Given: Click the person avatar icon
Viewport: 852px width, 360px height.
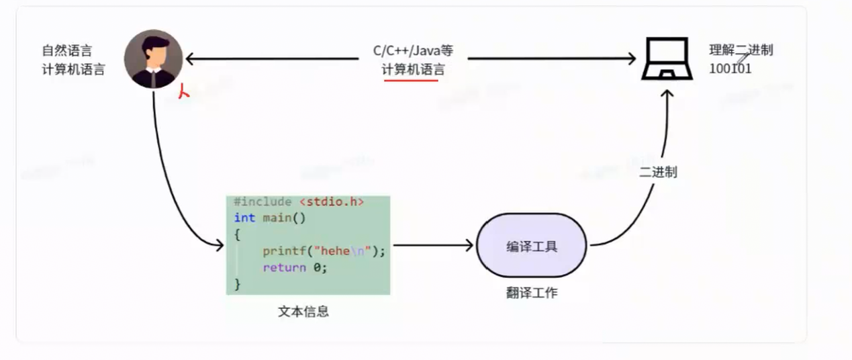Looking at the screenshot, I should point(154,59).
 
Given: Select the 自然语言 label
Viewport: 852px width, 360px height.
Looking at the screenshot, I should point(66,50).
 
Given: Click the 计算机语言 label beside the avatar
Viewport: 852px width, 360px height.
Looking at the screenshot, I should point(73,70).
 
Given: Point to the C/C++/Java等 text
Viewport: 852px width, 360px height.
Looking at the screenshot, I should point(413,50).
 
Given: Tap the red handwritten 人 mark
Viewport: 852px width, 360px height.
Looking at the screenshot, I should point(183,91).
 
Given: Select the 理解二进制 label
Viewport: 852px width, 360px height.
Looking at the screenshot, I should point(741,50).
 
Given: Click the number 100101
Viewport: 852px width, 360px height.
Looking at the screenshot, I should point(730,69).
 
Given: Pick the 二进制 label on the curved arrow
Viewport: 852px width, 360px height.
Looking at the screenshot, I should point(658,172).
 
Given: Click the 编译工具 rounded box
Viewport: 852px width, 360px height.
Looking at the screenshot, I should point(532,246).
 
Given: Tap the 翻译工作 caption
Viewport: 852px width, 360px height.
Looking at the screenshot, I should point(532,293).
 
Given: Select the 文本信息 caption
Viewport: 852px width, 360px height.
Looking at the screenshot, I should point(303,312).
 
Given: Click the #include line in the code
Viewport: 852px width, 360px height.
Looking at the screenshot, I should point(299,202).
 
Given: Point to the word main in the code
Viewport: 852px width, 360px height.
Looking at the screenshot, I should point(275,218).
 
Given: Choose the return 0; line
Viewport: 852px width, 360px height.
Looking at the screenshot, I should point(295,267).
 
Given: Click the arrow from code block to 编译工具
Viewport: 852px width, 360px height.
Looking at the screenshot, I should point(433,246).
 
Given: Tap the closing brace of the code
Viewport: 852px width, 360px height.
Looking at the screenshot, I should point(237,283).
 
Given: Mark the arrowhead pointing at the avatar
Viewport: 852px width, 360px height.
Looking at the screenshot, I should point(190,59).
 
